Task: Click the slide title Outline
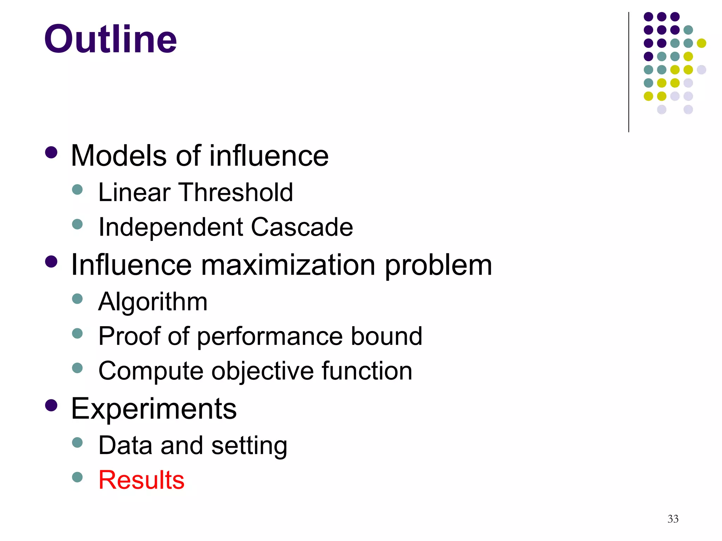[x=110, y=39]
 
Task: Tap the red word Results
[x=141, y=480]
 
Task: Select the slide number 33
[x=673, y=519]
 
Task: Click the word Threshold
[x=237, y=192]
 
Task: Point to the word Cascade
[x=302, y=227]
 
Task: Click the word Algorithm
[x=153, y=302]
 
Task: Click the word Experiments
[x=154, y=409]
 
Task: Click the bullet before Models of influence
[x=51, y=153]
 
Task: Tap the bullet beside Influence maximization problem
[x=51, y=262]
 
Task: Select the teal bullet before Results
[x=77, y=477]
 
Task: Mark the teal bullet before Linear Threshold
[x=77, y=190]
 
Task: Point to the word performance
[x=269, y=337]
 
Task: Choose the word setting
[x=249, y=446]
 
